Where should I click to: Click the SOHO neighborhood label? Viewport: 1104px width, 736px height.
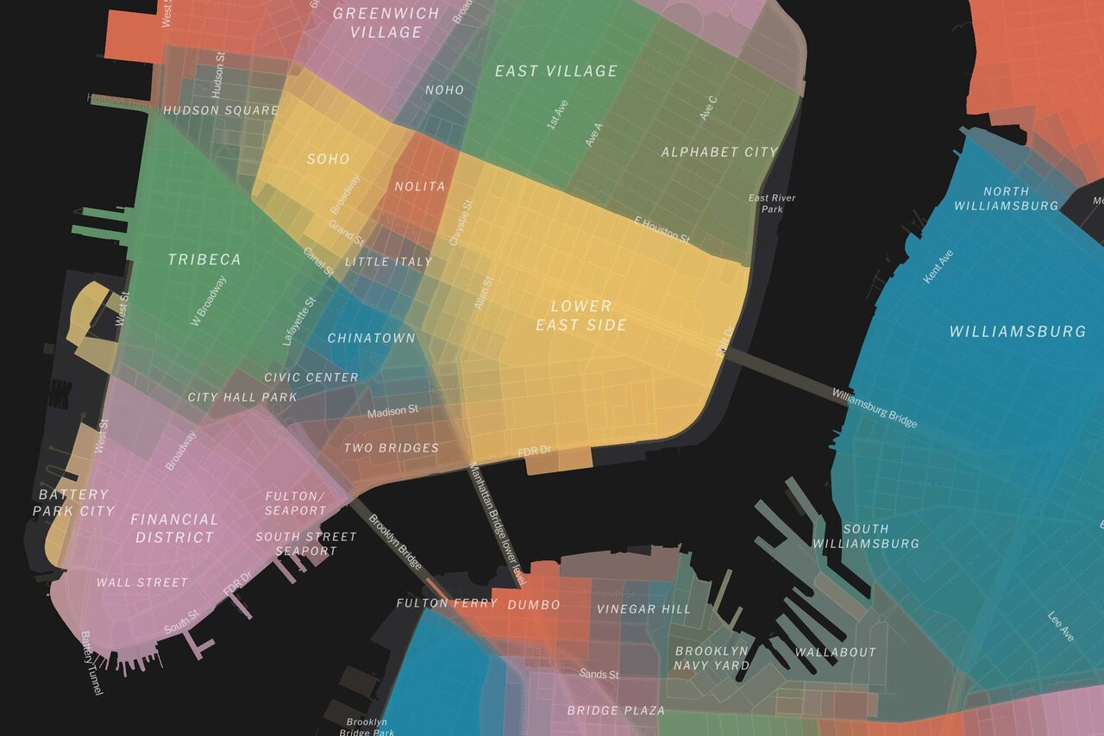pyautogui.click(x=329, y=159)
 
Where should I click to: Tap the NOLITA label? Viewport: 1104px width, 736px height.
pyautogui.click(x=420, y=186)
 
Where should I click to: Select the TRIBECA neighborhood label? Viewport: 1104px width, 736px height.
pyautogui.click(x=204, y=259)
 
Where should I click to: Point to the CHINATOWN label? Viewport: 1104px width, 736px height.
pyautogui.click(x=371, y=338)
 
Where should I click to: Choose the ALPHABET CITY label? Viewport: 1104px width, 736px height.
pyautogui.click(x=719, y=152)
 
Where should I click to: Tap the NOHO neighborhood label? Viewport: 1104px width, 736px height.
pyautogui.click(x=445, y=90)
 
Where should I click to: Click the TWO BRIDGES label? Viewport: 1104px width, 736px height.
pyautogui.click(x=392, y=448)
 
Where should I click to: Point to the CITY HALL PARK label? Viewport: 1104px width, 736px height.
pyautogui.click(x=242, y=397)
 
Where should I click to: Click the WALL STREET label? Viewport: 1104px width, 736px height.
pyautogui.click(x=142, y=583)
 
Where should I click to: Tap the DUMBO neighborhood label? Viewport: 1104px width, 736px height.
pyautogui.click(x=534, y=605)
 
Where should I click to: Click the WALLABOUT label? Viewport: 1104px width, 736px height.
pyautogui.click(x=835, y=652)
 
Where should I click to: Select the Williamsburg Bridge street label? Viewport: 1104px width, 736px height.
pyautogui.click(x=875, y=408)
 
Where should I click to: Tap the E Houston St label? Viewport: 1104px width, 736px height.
pyautogui.click(x=662, y=229)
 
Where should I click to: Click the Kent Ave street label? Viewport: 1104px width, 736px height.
pyautogui.click(x=938, y=267)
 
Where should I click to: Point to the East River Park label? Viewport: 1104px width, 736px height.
pyautogui.click(x=772, y=203)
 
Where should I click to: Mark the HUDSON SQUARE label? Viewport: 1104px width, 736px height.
pyautogui.click(x=221, y=110)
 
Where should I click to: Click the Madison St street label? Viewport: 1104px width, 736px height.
pyautogui.click(x=392, y=412)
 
